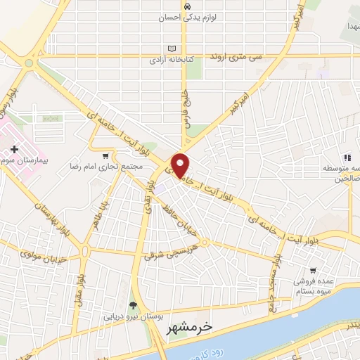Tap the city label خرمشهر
189,328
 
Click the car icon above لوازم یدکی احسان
186,6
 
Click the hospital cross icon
15,149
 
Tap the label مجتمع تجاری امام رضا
105,167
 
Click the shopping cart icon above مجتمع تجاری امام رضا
105,156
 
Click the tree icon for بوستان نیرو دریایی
133,304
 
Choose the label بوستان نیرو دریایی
133,316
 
